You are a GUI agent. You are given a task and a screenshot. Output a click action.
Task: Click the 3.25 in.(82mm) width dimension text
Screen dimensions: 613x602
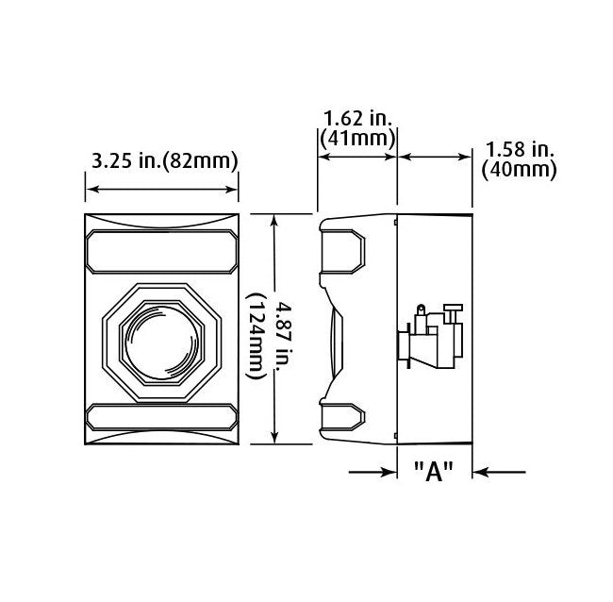165,160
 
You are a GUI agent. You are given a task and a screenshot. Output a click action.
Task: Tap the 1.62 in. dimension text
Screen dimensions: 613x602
358,118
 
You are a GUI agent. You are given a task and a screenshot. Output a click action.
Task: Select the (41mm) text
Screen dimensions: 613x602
357,138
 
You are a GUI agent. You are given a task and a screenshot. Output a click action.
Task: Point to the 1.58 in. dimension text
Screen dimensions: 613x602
520,149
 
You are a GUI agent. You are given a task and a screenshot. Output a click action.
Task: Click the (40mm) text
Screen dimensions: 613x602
519,170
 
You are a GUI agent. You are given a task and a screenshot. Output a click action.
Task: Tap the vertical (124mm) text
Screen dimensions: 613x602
257,336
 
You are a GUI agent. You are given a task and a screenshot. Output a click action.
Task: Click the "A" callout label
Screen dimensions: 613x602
434,472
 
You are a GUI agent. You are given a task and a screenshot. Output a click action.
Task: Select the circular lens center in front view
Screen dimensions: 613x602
161,342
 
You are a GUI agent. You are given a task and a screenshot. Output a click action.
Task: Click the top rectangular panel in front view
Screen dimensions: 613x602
162,251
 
